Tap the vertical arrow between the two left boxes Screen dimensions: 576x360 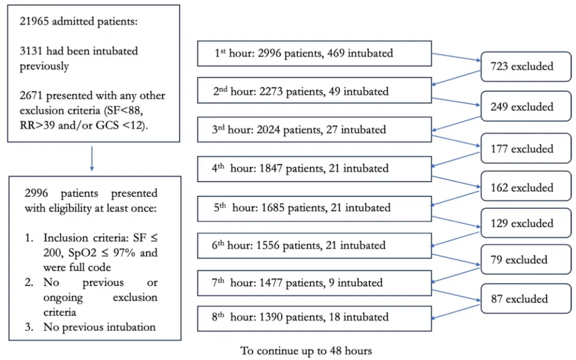point(92,159)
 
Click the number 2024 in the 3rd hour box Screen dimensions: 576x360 point(268,130)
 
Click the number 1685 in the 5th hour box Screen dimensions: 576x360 point(273,208)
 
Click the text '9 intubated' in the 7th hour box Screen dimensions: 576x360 point(356,283)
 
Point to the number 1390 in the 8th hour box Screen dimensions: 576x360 point(271,317)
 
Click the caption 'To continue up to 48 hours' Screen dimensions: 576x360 point(306,351)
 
